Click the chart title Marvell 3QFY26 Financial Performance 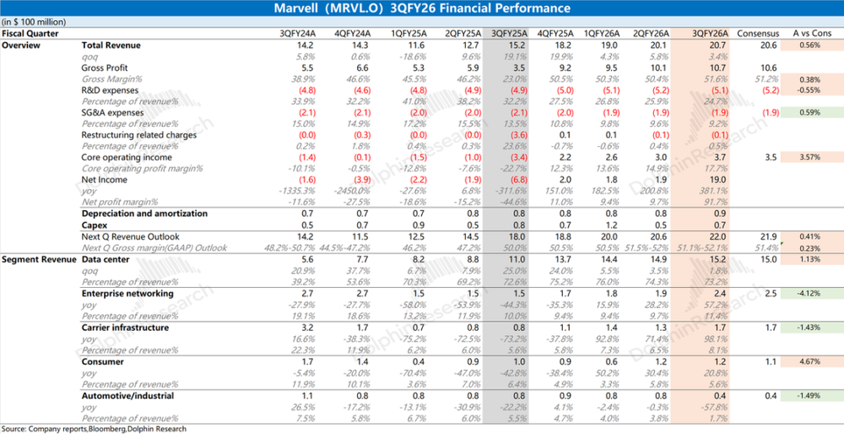click(422, 8)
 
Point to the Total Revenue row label click(111, 44)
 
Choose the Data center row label click(105, 259)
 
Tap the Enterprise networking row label click(127, 293)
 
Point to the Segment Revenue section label click(35, 259)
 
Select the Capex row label click(95, 225)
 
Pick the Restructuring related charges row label click(139, 134)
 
